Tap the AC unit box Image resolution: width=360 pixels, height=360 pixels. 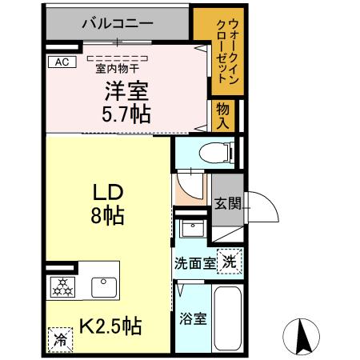[x=60, y=61]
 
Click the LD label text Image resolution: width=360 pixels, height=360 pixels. [x=108, y=192]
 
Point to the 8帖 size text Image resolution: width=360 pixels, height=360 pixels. [x=108, y=214]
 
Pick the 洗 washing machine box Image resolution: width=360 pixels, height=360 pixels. [x=230, y=261]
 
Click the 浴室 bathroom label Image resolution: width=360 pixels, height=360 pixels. [x=194, y=319]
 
